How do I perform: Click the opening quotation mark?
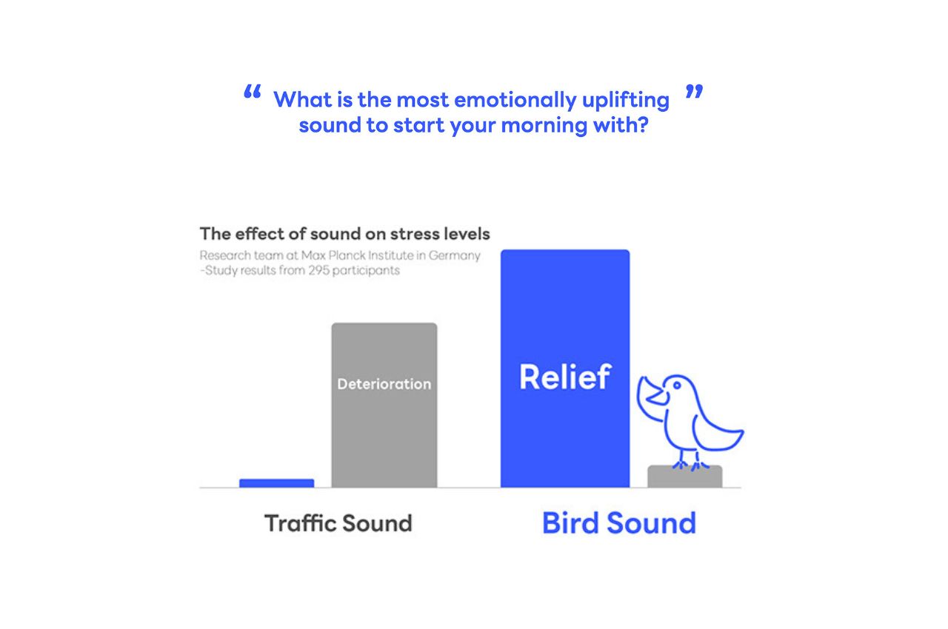point(253,91)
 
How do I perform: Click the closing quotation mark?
point(694,91)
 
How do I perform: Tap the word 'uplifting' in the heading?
point(626,101)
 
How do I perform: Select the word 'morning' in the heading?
point(544,126)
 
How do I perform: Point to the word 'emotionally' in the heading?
point(515,101)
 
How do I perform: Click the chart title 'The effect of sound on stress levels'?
point(345,234)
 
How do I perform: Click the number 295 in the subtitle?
point(318,270)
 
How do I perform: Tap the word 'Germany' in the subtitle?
point(455,256)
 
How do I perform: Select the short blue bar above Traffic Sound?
point(277,483)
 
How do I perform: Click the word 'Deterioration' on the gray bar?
point(384,384)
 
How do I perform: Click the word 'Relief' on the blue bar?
point(565,377)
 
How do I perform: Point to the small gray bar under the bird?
point(685,477)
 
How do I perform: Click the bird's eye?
point(677,385)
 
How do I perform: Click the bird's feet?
point(690,464)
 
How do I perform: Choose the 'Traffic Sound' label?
point(338,523)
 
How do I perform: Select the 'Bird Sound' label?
point(619,523)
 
